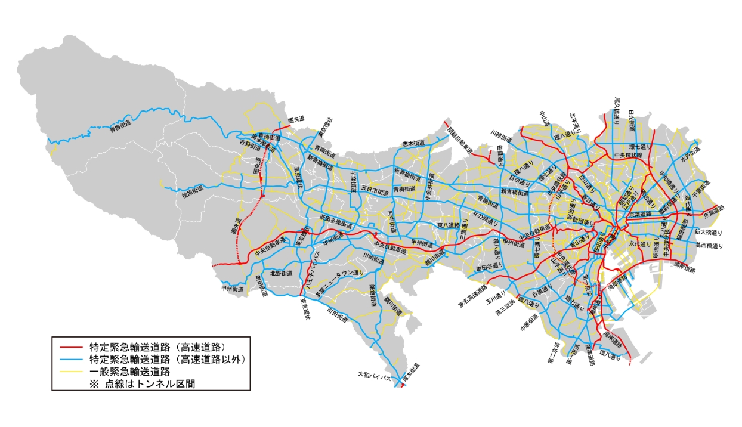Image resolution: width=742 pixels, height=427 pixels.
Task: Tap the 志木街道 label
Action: pyautogui.click(x=413, y=143)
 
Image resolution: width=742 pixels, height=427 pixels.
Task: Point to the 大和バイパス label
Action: pyautogui.click(x=374, y=378)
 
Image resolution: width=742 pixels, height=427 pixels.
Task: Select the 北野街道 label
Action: pyautogui.click(x=281, y=273)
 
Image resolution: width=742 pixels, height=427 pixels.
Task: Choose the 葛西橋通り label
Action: pyautogui.click(x=709, y=245)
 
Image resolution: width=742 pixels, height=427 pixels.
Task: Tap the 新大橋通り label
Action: pyautogui.click(x=709, y=231)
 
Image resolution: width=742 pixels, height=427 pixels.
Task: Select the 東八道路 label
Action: pyautogui.click(x=448, y=225)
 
